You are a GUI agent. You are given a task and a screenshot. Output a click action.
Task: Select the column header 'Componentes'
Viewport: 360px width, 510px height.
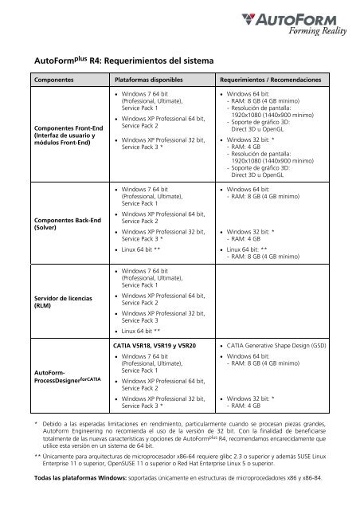click(x=53, y=81)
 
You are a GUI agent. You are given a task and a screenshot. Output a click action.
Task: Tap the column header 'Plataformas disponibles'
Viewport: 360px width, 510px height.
click(x=154, y=81)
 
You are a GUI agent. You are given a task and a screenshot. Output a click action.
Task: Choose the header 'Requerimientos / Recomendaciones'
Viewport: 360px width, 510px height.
click(x=272, y=81)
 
